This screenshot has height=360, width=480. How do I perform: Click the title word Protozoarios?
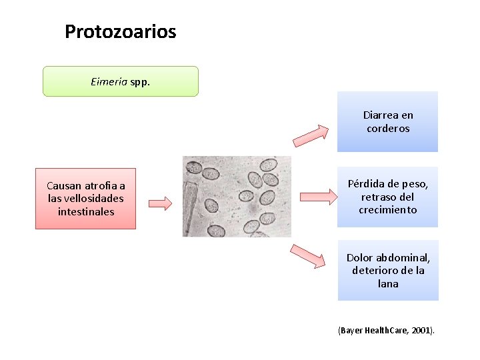120,31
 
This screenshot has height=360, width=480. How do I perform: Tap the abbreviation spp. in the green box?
140,82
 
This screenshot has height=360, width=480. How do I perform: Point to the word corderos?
388,128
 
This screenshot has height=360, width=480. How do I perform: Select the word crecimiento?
388,209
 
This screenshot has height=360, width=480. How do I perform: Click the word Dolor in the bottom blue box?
360,258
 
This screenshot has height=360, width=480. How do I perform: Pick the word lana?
388,283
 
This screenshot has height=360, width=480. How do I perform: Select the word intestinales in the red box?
85,211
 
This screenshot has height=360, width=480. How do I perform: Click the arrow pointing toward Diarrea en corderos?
311,135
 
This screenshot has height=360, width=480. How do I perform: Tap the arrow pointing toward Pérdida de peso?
319,196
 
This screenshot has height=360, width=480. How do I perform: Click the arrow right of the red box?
159,202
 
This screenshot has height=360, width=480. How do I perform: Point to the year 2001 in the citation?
422,331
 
